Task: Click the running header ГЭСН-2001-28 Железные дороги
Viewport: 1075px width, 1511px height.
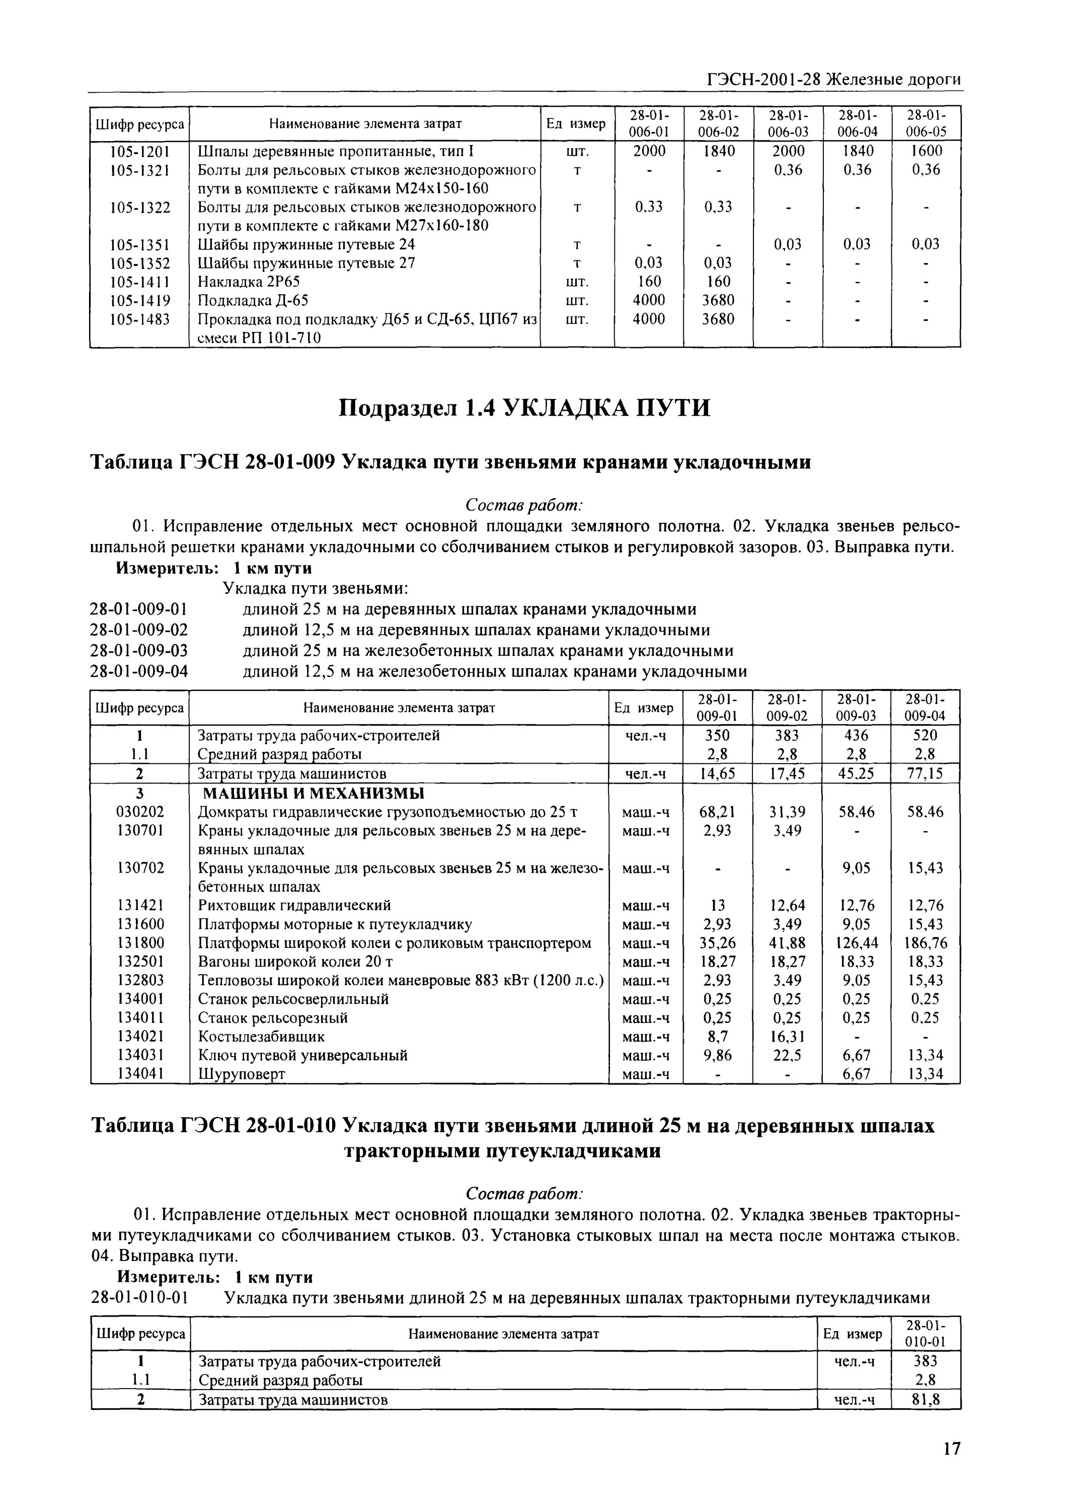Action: (x=833, y=80)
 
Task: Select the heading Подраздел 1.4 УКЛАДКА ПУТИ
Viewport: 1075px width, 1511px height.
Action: (x=524, y=407)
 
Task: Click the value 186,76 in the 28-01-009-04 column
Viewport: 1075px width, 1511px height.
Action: (x=925, y=943)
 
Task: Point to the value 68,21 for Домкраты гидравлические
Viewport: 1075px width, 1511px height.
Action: (x=718, y=812)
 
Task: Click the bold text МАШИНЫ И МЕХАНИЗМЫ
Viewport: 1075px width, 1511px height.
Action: (x=313, y=794)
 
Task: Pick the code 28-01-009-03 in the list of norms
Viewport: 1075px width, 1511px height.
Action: (x=139, y=651)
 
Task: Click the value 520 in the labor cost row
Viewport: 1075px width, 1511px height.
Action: (x=925, y=735)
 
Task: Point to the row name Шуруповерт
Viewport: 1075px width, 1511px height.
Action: (x=242, y=1074)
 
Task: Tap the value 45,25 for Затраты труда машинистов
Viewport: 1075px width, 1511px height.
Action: (x=855, y=774)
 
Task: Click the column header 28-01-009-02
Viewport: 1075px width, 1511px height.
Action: (x=787, y=708)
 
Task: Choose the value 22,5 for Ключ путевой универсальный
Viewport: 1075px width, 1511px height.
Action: (x=787, y=1055)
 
